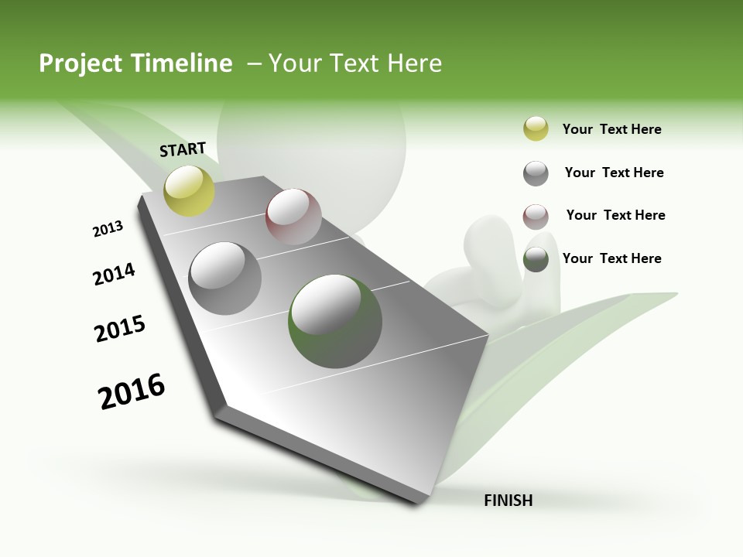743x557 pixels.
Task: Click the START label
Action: click(183, 149)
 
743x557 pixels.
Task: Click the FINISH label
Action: click(508, 501)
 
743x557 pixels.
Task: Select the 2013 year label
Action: click(108, 229)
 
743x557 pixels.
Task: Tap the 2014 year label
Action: click(114, 275)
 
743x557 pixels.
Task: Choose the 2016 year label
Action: click(132, 391)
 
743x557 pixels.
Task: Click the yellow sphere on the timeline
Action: click(189, 190)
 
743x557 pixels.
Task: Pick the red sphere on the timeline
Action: click(293, 217)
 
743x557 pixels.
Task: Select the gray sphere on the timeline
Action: click(225, 278)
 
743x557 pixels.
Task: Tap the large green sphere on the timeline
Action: click(335, 320)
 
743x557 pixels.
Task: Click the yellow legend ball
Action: click(536, 129)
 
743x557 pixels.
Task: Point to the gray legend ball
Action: click(536, 173)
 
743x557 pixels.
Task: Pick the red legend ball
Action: click(536, 217)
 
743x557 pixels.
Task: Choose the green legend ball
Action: click(536, 259)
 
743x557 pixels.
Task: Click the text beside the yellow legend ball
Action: click(611, 129)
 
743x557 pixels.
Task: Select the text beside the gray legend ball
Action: click(614, 173)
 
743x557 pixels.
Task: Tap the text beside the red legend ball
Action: click(615, 215)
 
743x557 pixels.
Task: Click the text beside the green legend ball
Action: click(611, 258)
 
